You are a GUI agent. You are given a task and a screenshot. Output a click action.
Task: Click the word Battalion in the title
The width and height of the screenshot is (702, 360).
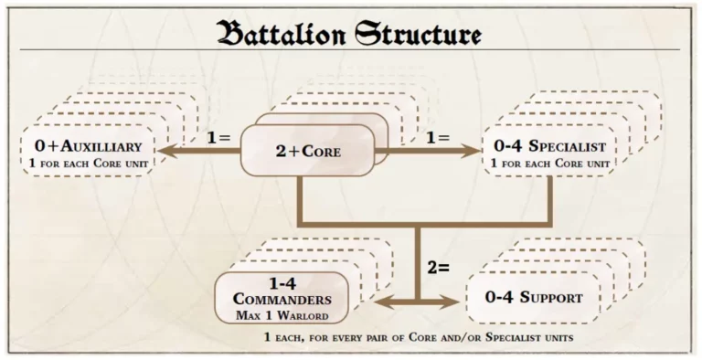tap(282, 34)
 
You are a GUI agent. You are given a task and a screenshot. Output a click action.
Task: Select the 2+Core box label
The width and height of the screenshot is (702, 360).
tap(307, 152)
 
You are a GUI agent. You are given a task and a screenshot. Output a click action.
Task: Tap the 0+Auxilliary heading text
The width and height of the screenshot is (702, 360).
tap(87, 146)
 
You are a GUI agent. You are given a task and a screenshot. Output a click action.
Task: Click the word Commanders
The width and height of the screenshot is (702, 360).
tap(281, 299)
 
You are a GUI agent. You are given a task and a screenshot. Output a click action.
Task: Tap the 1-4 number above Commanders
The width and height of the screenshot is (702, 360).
tap(281, 282)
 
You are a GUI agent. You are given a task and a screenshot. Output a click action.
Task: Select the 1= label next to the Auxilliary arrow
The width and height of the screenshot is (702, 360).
tap(218, 138)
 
